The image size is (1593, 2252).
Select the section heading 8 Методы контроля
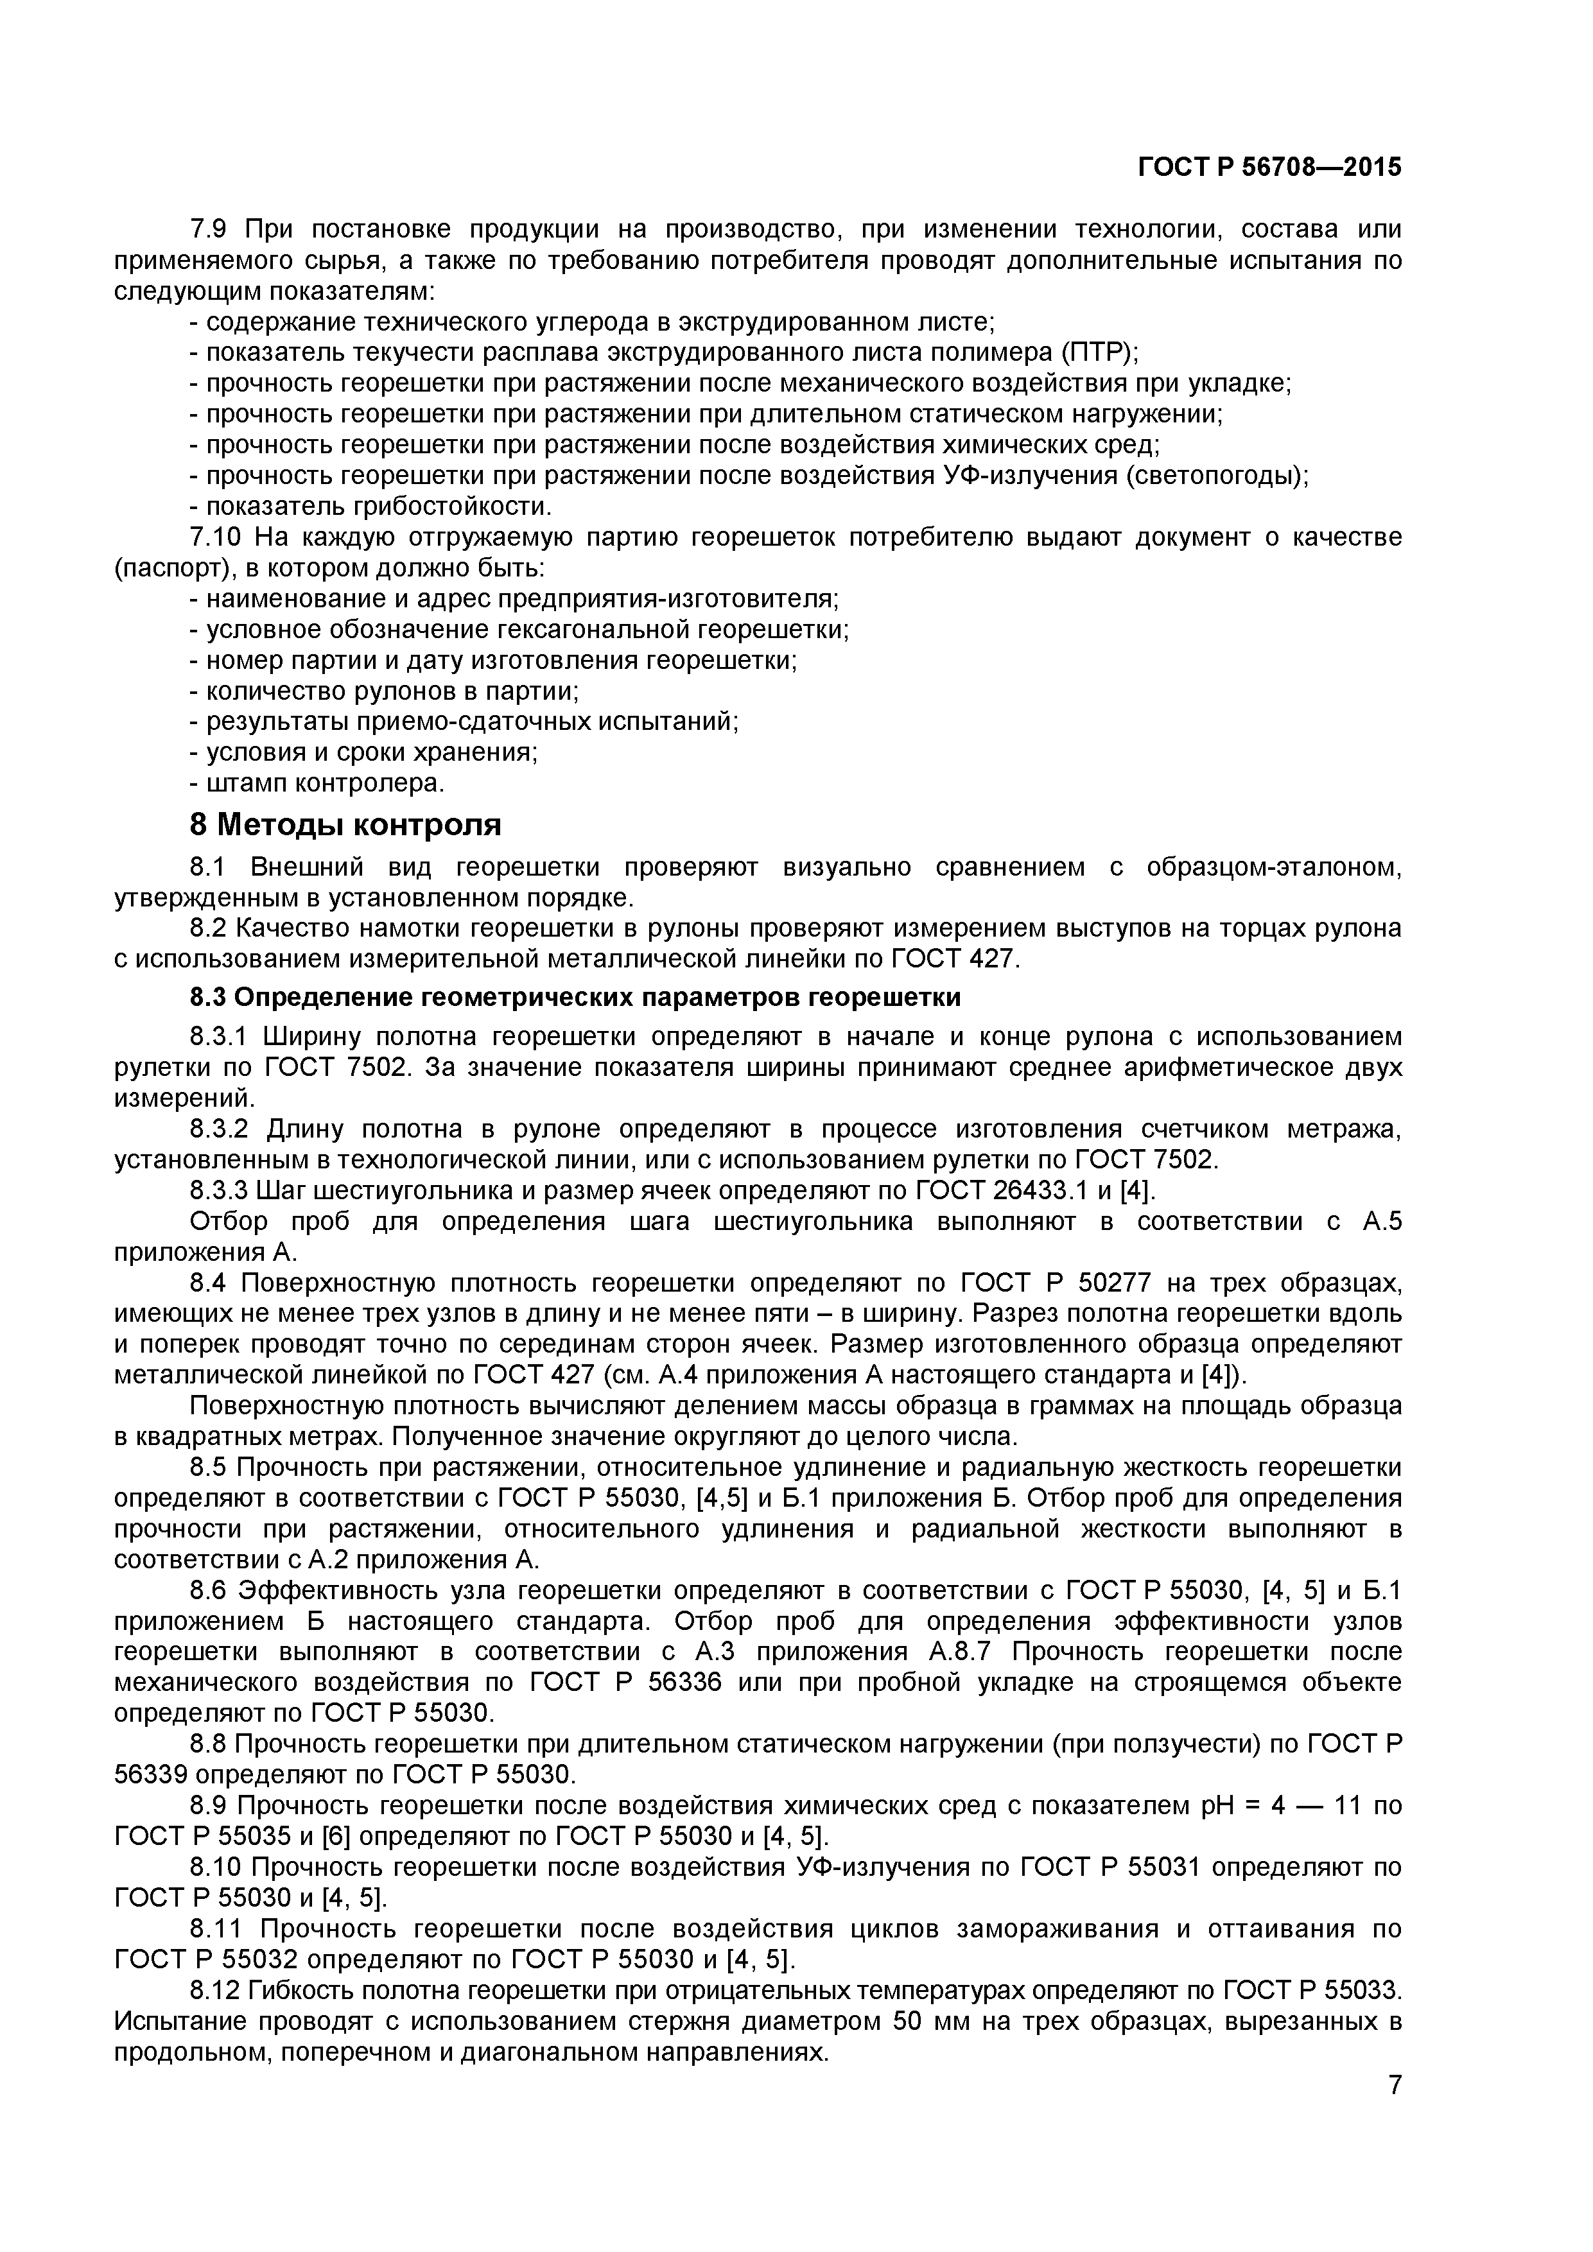pyautogui.click(x=345, y=826)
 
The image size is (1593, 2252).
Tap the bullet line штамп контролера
pyautogui.click(x=324, y=784)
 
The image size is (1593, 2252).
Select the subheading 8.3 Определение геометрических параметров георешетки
pyautogui.click(x=575, y=998)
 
